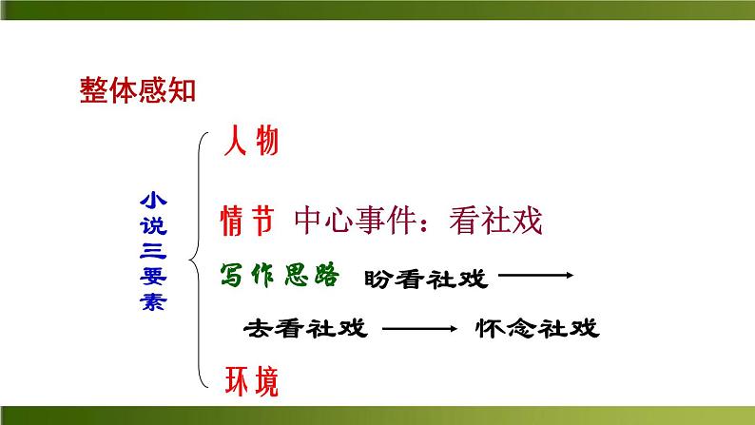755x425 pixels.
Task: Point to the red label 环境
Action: tap(251, 381)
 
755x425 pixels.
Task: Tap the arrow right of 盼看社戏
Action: tap(534, 277)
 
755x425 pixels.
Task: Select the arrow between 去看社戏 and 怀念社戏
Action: tap(419, 329)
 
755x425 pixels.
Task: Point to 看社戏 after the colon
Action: tap(494, 221)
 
